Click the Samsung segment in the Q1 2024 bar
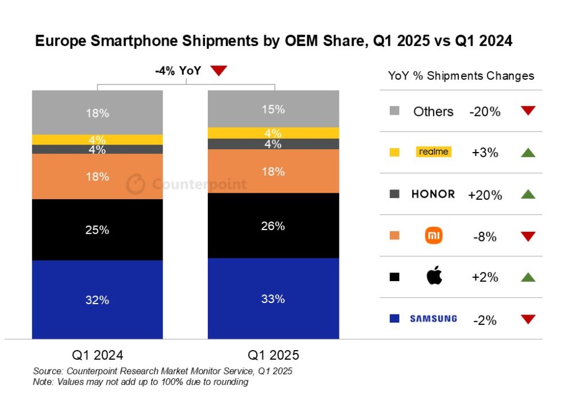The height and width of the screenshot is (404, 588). pos(98,300)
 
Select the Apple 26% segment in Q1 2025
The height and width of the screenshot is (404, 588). pos(273,226)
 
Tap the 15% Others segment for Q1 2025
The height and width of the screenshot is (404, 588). pos(273,109)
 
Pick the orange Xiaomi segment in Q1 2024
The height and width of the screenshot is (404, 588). pos(98,176)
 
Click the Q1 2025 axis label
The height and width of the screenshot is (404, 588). pos(273,355)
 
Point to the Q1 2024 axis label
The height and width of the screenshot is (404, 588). pos(98,355)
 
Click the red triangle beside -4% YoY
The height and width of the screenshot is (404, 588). pos(219,71)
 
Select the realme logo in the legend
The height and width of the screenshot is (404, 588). pos(434,152)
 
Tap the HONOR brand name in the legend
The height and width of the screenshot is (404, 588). pos(433,194)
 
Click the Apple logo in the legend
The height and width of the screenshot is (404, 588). pos(434,277)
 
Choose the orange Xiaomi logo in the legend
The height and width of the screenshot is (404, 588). pos(434,235)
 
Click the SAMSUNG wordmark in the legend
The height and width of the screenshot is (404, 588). pos(434,318)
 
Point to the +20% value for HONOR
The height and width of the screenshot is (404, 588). pos(485,195)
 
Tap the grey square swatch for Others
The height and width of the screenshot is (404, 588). pos(394,111)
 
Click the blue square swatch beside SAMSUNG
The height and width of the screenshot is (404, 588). pos(394,318)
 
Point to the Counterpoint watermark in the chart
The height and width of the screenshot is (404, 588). pos(187,184)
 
